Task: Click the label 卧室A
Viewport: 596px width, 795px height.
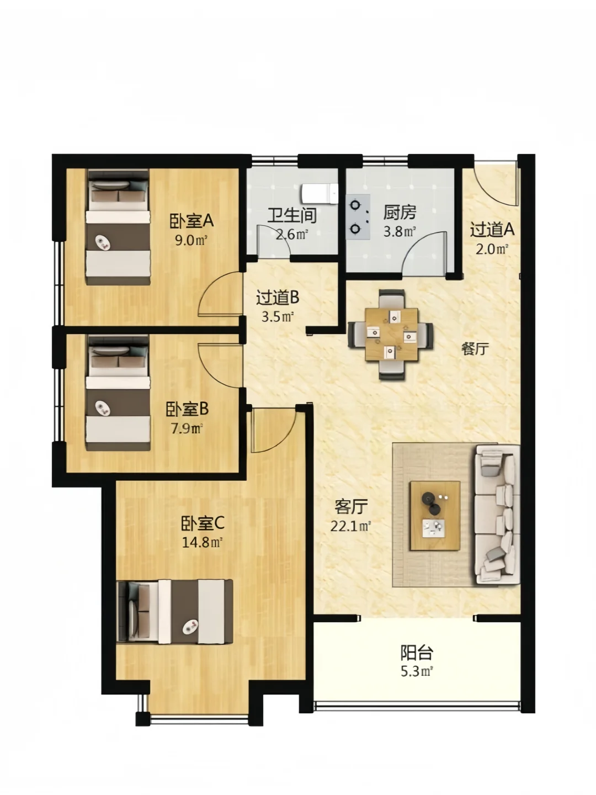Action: tap(192, 221)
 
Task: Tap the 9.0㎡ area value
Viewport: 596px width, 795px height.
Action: tap(191, 240)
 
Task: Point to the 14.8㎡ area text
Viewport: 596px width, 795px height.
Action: tap(201, 543)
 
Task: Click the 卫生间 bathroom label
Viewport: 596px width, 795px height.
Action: tap(292, 215)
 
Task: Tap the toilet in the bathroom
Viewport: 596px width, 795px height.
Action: tap(320, 194)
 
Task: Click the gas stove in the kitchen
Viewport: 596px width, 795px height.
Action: tap(358, 217)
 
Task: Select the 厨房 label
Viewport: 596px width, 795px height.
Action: tap(400, 212)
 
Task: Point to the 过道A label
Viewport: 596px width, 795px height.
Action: tap(492, 230)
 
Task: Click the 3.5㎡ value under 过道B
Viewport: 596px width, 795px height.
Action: tap(278, 317)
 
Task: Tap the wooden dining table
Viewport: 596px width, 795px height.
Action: tap(392, 335)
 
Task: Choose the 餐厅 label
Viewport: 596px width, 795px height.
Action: tap(475, 349)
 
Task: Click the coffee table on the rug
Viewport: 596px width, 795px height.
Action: tap(435, 516)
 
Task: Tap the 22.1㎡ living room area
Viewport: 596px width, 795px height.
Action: tap(351, 526)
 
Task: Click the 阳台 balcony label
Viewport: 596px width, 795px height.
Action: tap(417, 653)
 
